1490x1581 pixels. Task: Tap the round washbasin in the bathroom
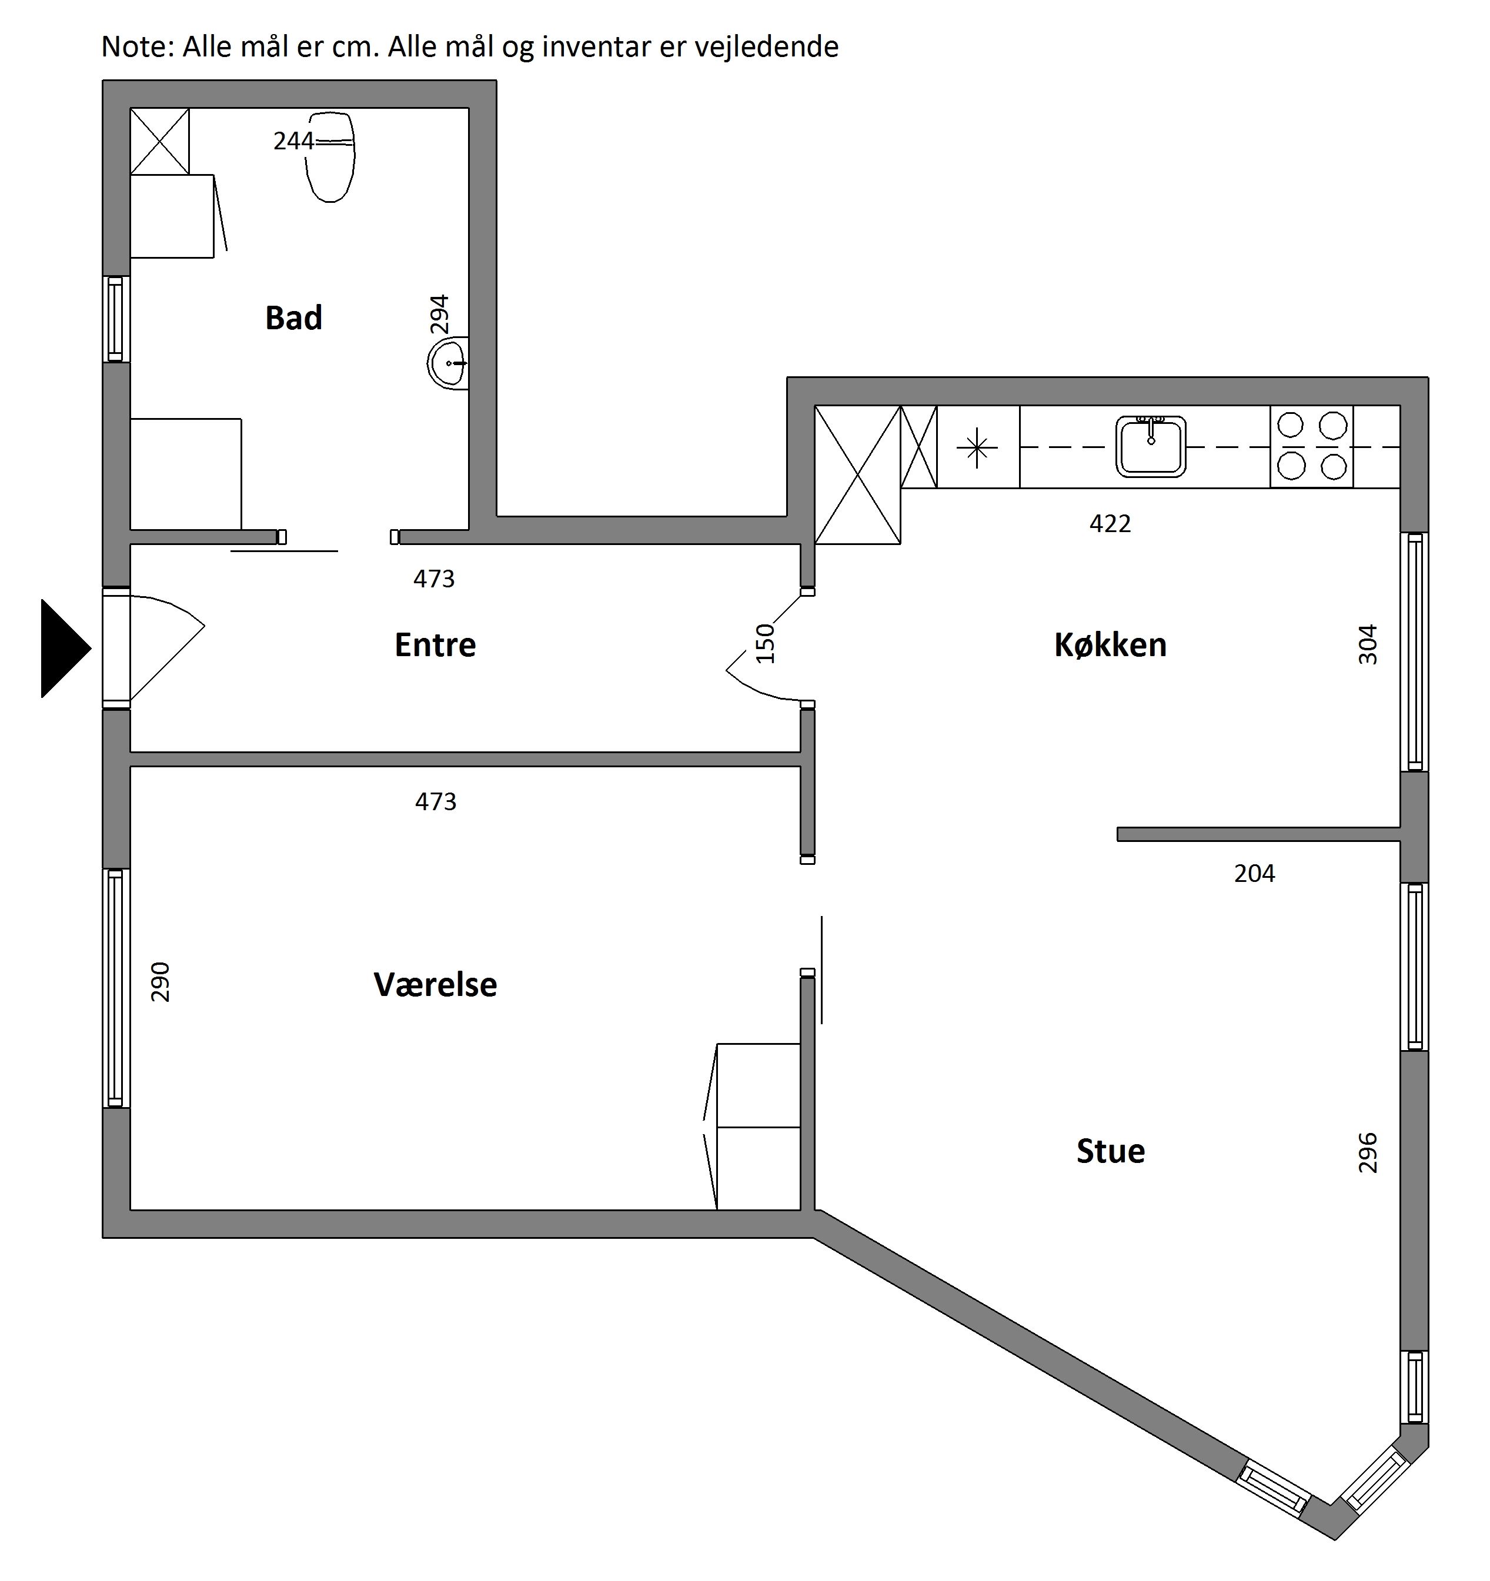point(449,363)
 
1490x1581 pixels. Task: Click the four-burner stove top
point(1312,446)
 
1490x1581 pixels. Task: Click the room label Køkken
point(1111,645)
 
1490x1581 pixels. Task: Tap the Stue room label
point(1111,1152)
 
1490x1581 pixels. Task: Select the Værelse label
point(435,985)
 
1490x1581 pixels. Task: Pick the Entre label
point(435,645)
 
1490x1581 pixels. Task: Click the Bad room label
point(293,318)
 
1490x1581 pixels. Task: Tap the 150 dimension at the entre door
point(764,643)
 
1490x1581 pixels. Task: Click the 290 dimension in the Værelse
point(160,982)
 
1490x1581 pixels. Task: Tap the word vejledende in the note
point(767,47)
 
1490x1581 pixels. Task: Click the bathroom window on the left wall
point(116,319)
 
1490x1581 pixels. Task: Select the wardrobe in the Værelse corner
point(758,1126)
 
